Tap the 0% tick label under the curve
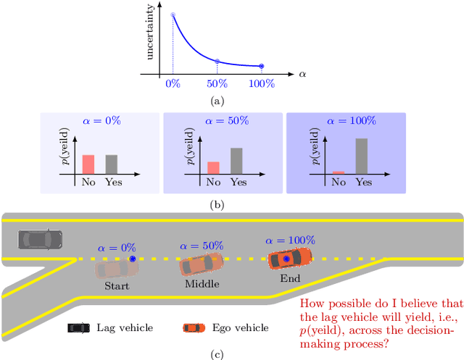click(173, 84)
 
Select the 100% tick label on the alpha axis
click(262, 84)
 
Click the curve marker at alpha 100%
click(262, 66)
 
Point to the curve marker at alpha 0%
click(173, 14)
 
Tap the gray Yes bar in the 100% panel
click(361, 156)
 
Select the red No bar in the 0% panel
click(88, 164)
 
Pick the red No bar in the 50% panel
click(213, 167)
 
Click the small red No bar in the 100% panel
click(338, 172)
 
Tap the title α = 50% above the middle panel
click(224, 121)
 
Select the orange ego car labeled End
click(289, 258)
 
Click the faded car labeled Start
click(117, 267)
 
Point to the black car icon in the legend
click(79, 328)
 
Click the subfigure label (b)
click(217, 205)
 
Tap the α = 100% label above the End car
click(290, 240)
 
